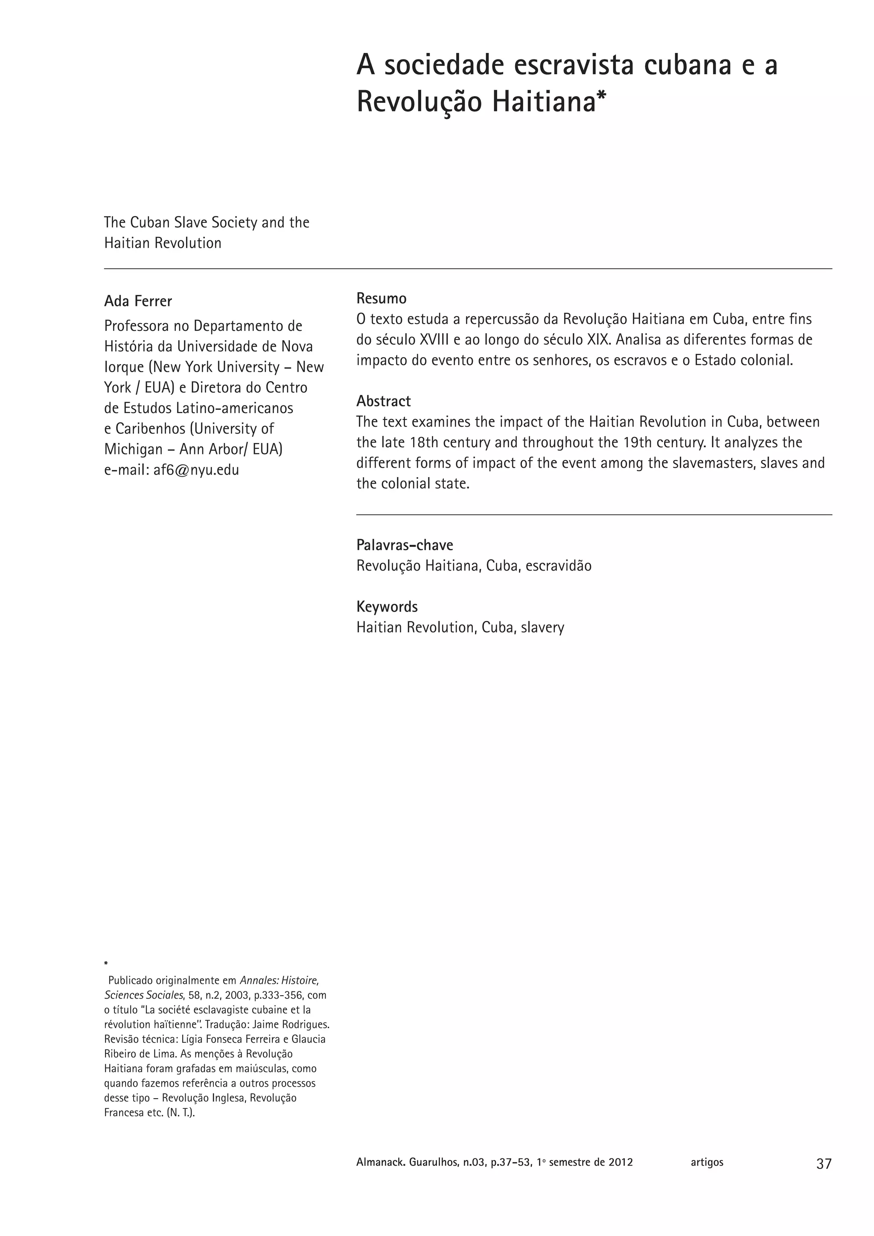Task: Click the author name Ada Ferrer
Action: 138,301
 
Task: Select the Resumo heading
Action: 381,298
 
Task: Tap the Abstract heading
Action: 383,401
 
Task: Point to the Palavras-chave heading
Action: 404,545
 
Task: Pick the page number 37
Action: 823,1164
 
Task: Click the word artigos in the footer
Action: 707,1162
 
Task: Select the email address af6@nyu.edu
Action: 196,470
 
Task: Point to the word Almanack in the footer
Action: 379,1162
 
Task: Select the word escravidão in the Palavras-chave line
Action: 558,566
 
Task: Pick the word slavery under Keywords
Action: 542,628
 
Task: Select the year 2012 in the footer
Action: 621,1162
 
